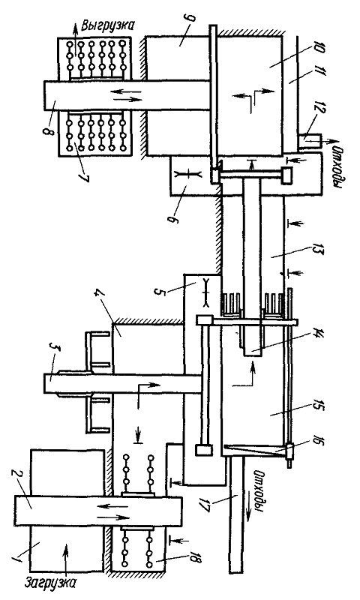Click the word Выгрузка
coord(109,26)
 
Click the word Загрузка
coord(51,583)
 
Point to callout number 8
coord(46,131)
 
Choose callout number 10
coord(320,49)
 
